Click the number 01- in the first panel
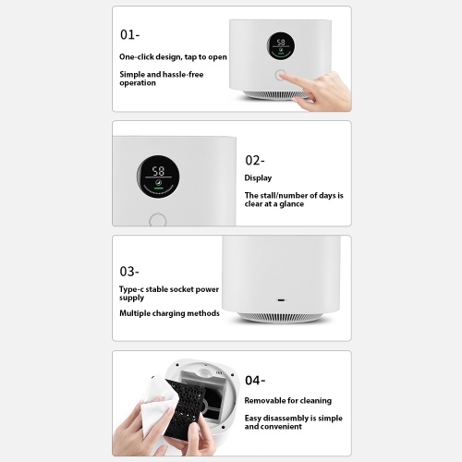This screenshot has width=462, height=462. [x=129, y=34]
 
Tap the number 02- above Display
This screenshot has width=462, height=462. [x=255, y=160]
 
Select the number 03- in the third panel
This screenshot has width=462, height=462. [x=129, y=272]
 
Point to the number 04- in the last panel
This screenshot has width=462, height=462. [x=255, y=381]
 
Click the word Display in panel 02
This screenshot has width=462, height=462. [x=258, y=178]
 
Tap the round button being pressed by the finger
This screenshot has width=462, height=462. [x=280, y=75]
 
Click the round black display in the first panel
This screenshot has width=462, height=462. [x=281, y=46]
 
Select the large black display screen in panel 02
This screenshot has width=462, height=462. [x=158, y=176]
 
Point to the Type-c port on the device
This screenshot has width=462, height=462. [x=282, y=300]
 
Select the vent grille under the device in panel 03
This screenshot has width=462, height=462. [x=281, y=317]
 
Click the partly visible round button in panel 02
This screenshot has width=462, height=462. [x=158, y=219]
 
